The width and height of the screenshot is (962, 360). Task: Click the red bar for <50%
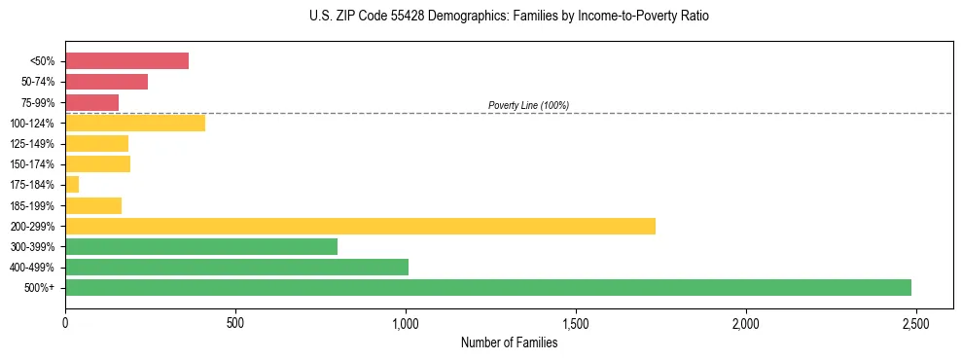click(126, 60)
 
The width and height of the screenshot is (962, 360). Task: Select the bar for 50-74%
click(106, 82)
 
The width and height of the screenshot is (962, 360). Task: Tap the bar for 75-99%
click(91, 102)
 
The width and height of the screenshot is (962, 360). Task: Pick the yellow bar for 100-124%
click(135, 123)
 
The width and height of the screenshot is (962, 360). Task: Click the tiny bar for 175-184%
click(72, 184)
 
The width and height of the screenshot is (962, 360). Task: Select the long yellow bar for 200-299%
click(360, 226)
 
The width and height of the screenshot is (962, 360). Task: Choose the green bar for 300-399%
click(201, 246)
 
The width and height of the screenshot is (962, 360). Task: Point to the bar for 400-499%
click(236, 267)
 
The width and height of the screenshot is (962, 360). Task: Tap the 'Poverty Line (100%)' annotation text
click(528, 105)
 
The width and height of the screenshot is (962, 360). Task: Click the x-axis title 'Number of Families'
click(509, 342)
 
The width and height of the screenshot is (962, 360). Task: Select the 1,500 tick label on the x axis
click(576, 323)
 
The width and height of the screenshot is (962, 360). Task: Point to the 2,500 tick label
click(915, 323)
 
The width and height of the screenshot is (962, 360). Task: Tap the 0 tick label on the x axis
click(65, 323)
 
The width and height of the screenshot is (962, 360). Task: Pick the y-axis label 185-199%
click(31, 205)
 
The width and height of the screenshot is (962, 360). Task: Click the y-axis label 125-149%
click(31, 144)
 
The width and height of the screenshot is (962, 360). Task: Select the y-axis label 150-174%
click(31, 164)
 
